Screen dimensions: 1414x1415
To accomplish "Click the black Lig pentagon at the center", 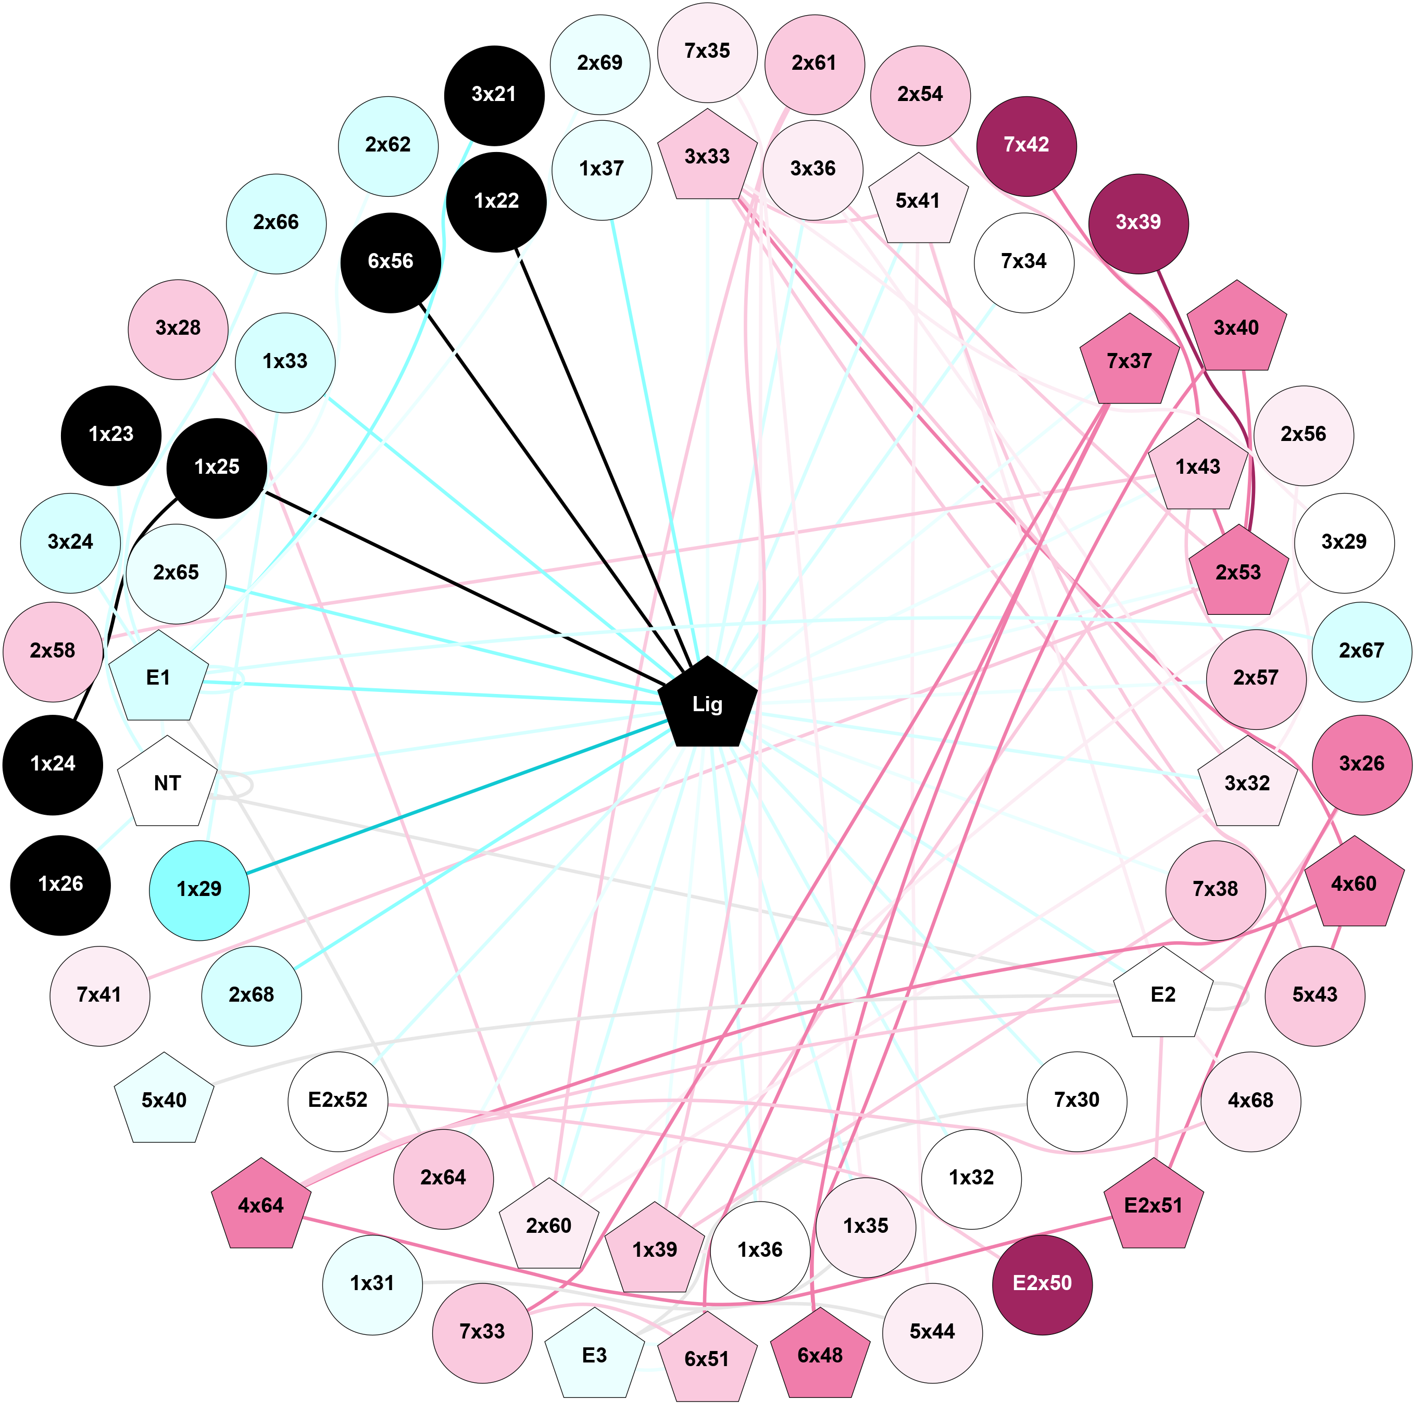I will tap(707, 704).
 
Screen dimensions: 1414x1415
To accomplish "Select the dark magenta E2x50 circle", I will tap(1042, 1282).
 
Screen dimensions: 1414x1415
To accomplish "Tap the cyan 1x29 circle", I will tap(199, 889).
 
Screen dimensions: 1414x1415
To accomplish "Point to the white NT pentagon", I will tap(167, 783).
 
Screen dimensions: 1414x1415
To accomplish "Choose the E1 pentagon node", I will tap(158, 677).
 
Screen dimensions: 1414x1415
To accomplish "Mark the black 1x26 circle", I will tap(61, 884).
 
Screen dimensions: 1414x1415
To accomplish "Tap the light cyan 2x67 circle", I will tap(1361, 650).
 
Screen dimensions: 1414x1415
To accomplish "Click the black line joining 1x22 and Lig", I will tap(600, 454).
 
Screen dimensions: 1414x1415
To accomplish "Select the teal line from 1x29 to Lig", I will tap(454, 797).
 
